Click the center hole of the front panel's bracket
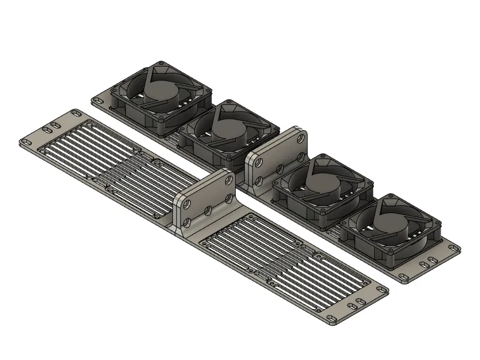pos(208,211)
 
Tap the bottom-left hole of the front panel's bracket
pos(187,223)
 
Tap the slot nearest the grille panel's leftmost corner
pos(26,142)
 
